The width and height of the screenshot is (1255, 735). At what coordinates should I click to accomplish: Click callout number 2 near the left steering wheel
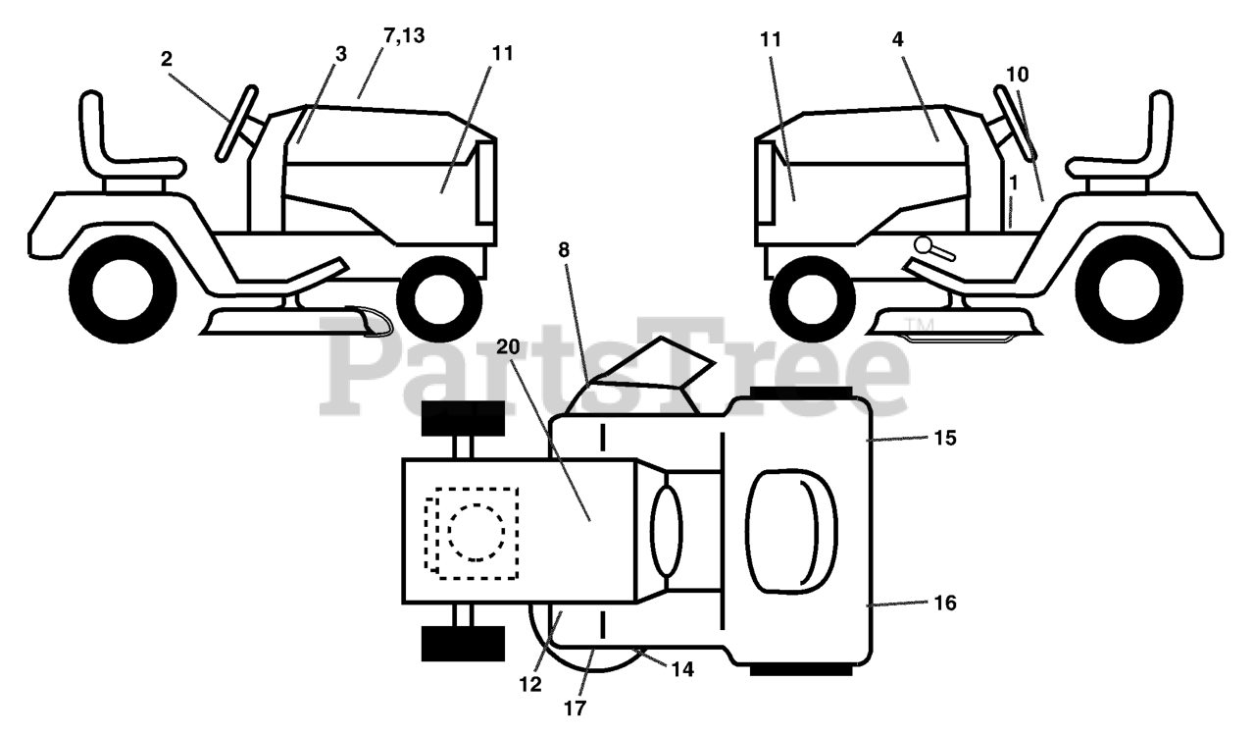tap(167, 59)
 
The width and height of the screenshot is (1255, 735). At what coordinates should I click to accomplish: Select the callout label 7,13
tap(402, 37)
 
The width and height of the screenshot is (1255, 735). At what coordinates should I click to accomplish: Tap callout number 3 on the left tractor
tap(340, 54)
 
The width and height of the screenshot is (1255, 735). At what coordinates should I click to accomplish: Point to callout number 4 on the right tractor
tap(898, 39)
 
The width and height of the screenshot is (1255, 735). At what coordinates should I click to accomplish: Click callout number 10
tap(1017, 74)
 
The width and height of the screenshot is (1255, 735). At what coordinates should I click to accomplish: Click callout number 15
tap(945, 438)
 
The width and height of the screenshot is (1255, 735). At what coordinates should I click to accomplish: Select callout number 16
tap(945, 603)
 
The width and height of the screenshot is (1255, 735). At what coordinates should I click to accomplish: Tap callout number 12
tap(530, 685)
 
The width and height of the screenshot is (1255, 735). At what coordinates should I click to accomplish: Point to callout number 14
tap(683, 669)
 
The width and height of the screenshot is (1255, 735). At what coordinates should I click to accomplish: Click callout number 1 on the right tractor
tap(1012, 183)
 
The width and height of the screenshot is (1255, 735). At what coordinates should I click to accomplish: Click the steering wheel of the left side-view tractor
tap(235, 123)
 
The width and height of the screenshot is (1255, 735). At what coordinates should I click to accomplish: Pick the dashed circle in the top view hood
tap(477, 532)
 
